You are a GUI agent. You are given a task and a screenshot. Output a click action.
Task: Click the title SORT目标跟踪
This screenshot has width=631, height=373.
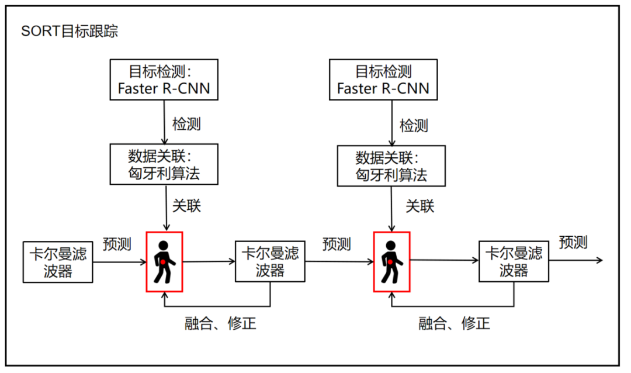(x=70, y=32)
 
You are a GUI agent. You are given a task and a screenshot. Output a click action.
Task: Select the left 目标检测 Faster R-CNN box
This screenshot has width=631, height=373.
(x=164, y=80)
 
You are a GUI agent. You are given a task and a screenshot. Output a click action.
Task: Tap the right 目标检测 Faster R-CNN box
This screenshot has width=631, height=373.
(x=383, y=80)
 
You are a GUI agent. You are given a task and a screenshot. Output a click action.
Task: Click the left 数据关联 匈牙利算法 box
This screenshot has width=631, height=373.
(x=164, y=165)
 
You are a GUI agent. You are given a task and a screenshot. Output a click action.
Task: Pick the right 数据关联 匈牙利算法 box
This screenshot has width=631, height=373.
(x=391, y=165)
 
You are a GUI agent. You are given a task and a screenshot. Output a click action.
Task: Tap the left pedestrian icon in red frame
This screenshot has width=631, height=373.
(x=164, y=261)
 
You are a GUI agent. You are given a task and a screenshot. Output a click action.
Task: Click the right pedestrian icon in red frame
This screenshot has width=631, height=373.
(x=391, y=261)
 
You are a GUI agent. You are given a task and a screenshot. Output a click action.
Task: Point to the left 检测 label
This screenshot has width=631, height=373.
(x=186, y=124)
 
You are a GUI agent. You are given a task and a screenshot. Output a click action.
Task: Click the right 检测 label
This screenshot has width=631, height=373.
(x=414, y=125)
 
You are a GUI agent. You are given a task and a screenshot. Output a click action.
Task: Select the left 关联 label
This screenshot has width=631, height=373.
(x=186, y=206)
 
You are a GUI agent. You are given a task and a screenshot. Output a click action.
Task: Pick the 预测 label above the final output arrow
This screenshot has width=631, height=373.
(x=573, y=242)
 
